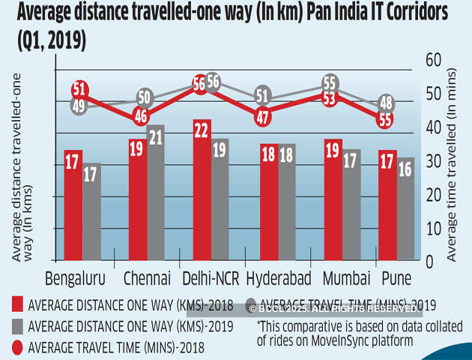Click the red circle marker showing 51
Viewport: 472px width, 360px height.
(x=79, y=89)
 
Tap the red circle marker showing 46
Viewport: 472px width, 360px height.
(x=140, y=116)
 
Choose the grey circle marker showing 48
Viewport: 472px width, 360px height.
(x=387, y=103)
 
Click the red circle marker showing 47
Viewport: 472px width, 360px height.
(x=262, y=116)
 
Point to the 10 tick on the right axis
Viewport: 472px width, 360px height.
(x=432, y=229)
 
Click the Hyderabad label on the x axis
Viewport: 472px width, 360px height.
(x=279, y=279)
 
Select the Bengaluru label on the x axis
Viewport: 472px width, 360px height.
(x=75, y=279)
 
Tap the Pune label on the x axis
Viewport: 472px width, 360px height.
(x=396, y=279)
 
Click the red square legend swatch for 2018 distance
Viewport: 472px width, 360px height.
(x=16, y=304)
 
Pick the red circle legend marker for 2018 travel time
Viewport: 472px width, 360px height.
(x=16, y=347)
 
